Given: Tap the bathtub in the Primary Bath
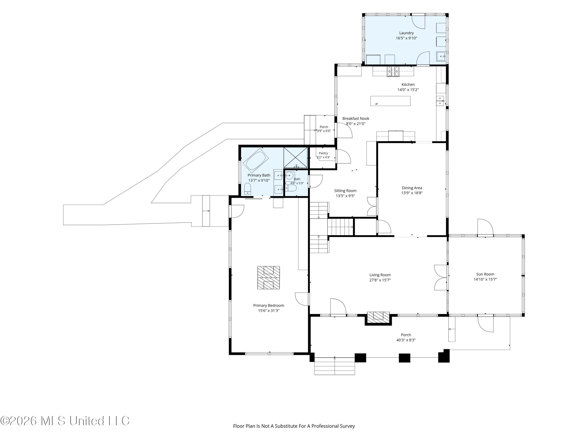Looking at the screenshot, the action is pyautogui.click(x=256, y=161).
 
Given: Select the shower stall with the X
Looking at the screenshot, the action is pyautogui.click(x=296, y=157).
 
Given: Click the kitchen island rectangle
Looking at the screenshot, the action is pyautogui.click(x=390, y=101).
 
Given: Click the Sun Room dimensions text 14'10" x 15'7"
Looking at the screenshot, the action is pyautogui.click(x=485, y=279).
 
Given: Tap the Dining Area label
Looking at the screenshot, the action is pyautogui.click(x=412, y=188).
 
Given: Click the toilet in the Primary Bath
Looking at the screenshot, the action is pyautogui.click(x=248, y=189).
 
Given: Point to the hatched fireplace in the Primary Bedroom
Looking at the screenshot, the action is pyautogui.click(x=269, y=278).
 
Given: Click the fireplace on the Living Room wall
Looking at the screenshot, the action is pyautogui.click(x=378, y=318).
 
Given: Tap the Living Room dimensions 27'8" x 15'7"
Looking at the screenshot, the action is pyautogui.click(x=380, y=280).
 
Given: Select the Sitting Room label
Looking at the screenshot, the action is pyautogui.click(x=345, y=191).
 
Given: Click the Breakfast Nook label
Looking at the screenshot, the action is pyautogui.click(x=356, y=119).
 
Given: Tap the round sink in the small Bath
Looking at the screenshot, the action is pyautogui.click(x=289, y=176).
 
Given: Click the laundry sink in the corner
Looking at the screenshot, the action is pyautogui.click(x=441, y=56).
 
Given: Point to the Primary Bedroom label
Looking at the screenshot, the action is pyautogui.click(x=269, y=305).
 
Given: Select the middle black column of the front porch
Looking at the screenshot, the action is pyautogui.click(x=404, y=358).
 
